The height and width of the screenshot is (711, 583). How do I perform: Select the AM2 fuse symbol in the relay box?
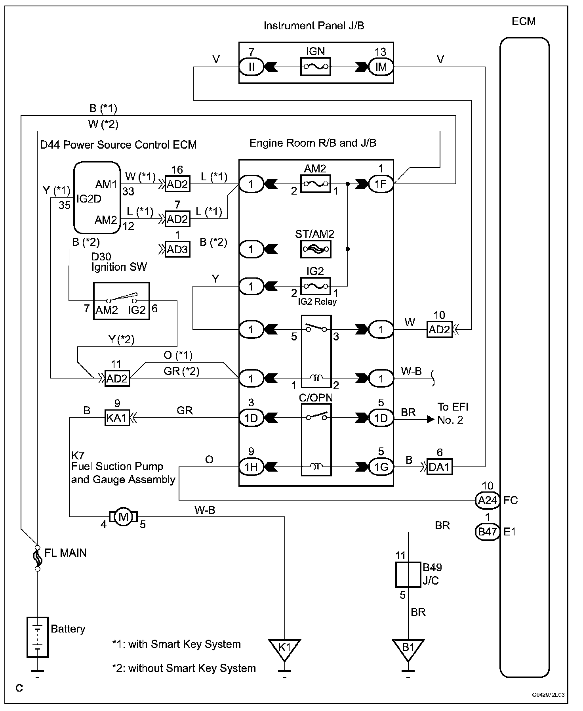click(315, 184)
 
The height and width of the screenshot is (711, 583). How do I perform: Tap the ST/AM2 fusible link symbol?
click(315, 249)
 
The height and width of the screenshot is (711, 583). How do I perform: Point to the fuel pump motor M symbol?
click(124, 516)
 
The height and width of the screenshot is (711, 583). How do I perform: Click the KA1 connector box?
click(117, 418)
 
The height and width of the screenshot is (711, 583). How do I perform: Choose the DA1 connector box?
click(439, 467)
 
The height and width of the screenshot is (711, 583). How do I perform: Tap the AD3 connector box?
click(177, 249)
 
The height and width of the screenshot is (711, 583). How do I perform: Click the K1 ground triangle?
click(284, 649)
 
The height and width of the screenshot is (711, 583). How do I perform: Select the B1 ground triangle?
click(408, 649)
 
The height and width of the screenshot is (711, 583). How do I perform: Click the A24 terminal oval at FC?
click(487, 500)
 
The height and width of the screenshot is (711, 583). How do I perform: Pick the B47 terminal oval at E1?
click(487, 532)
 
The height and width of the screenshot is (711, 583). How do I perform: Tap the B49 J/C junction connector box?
click(408, 574)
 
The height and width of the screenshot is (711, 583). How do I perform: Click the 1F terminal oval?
click(381, 184)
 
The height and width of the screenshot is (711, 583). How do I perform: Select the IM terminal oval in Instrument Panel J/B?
click(381, 67)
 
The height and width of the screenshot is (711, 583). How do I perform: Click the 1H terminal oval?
click(251, 467)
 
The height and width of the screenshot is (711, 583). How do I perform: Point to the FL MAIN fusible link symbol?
click(38, 556)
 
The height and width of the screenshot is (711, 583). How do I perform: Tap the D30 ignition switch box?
click(121, 301)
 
